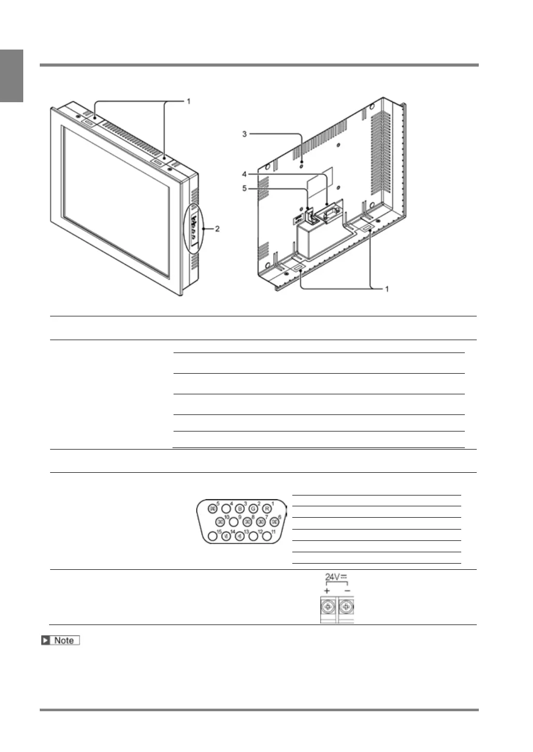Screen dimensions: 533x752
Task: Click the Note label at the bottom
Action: [x=61, y=641]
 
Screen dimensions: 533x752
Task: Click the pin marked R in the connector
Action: [x=266, y=508]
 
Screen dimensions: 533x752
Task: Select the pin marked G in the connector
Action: [x=253, y=508]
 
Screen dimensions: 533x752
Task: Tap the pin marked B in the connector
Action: [x=239, y=508]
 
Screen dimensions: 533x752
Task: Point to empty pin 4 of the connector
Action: [x=226, y=508]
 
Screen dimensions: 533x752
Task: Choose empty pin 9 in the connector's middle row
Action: [x=234, y=522]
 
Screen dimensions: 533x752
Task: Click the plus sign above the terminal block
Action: [x=327, y=590]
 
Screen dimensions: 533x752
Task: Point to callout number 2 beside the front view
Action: [x=217, y=229]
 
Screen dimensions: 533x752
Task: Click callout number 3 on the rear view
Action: [x=245, y=134]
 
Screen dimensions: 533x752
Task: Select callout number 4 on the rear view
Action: [x=245, y=174]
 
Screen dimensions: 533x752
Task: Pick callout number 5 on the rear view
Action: [x=245, y=188]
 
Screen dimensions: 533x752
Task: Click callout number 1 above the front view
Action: [x=189, y=101]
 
